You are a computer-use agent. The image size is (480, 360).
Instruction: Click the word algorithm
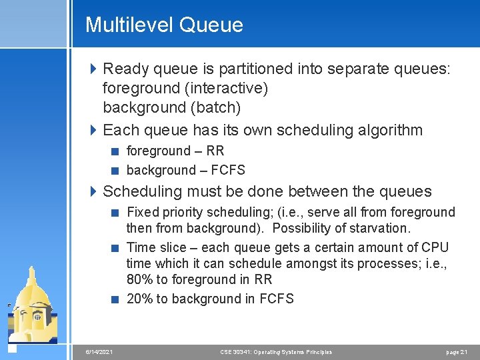[x=388, y=130]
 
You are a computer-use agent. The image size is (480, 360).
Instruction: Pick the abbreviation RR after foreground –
[x=215, y=151]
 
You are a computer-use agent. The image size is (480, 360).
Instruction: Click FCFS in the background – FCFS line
[x=227, y=170]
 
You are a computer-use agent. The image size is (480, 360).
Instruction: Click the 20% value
[x=140, y=299]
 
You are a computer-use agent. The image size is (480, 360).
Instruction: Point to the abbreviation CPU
[x=435, y=248]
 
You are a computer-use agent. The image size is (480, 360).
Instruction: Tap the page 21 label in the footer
[x=456, y=352]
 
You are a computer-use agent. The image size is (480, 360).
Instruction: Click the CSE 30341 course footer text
[x=276, y=352]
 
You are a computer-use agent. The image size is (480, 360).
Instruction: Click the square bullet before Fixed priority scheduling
[x=115, y=213]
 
